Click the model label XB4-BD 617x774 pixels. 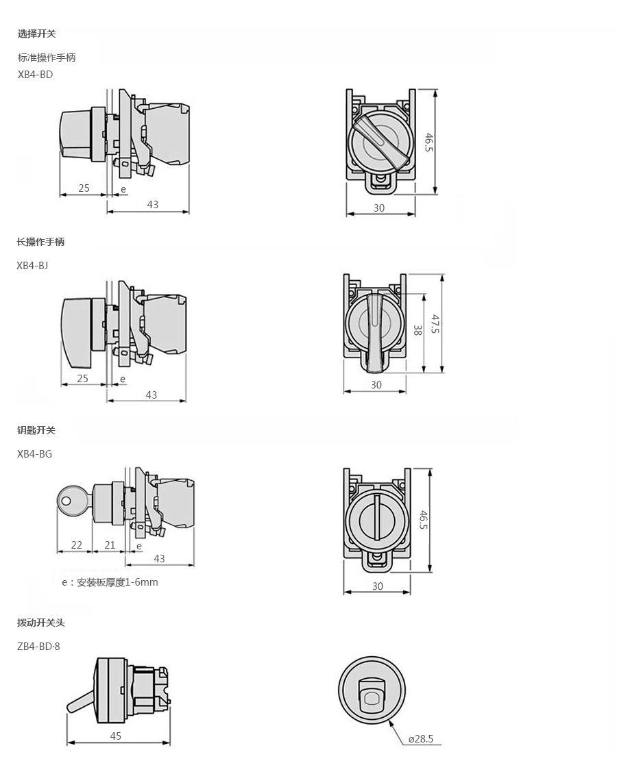(x=35, y=75)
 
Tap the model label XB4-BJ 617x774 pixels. (x=32, y=266)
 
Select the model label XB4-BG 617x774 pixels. (x=34, y=454)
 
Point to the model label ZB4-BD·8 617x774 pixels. (x=38, y=646)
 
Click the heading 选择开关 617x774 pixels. (x=37, y=34)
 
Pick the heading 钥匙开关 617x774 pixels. (x=36, y=430)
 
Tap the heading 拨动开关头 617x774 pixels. (x=41, y=623)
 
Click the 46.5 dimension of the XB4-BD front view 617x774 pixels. (x=428, y=142)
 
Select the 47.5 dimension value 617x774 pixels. (x=435, y=324)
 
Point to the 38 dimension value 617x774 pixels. (x=418, y=329)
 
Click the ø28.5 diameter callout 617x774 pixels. (x=421, y=738)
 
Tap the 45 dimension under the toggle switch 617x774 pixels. (x=116, y=736)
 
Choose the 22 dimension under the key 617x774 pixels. (x=77, y=545)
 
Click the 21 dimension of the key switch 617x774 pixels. (x=110, y=545)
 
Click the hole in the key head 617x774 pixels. (x=66, y=501)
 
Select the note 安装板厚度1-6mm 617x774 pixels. (x=117, y=582)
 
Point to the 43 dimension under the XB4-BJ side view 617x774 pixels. (x=151, y=395)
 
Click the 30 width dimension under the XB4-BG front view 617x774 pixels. (x=378, y=586)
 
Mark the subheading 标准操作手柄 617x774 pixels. (x=47, y=58)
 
